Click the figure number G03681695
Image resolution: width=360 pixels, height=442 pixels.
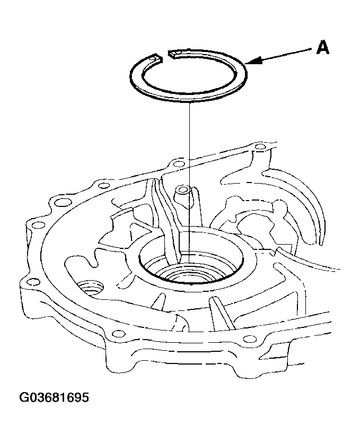pyautogui.click(x=54, y=397)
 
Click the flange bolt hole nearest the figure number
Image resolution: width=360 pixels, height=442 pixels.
pyautogui.click(x=32, y=282)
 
